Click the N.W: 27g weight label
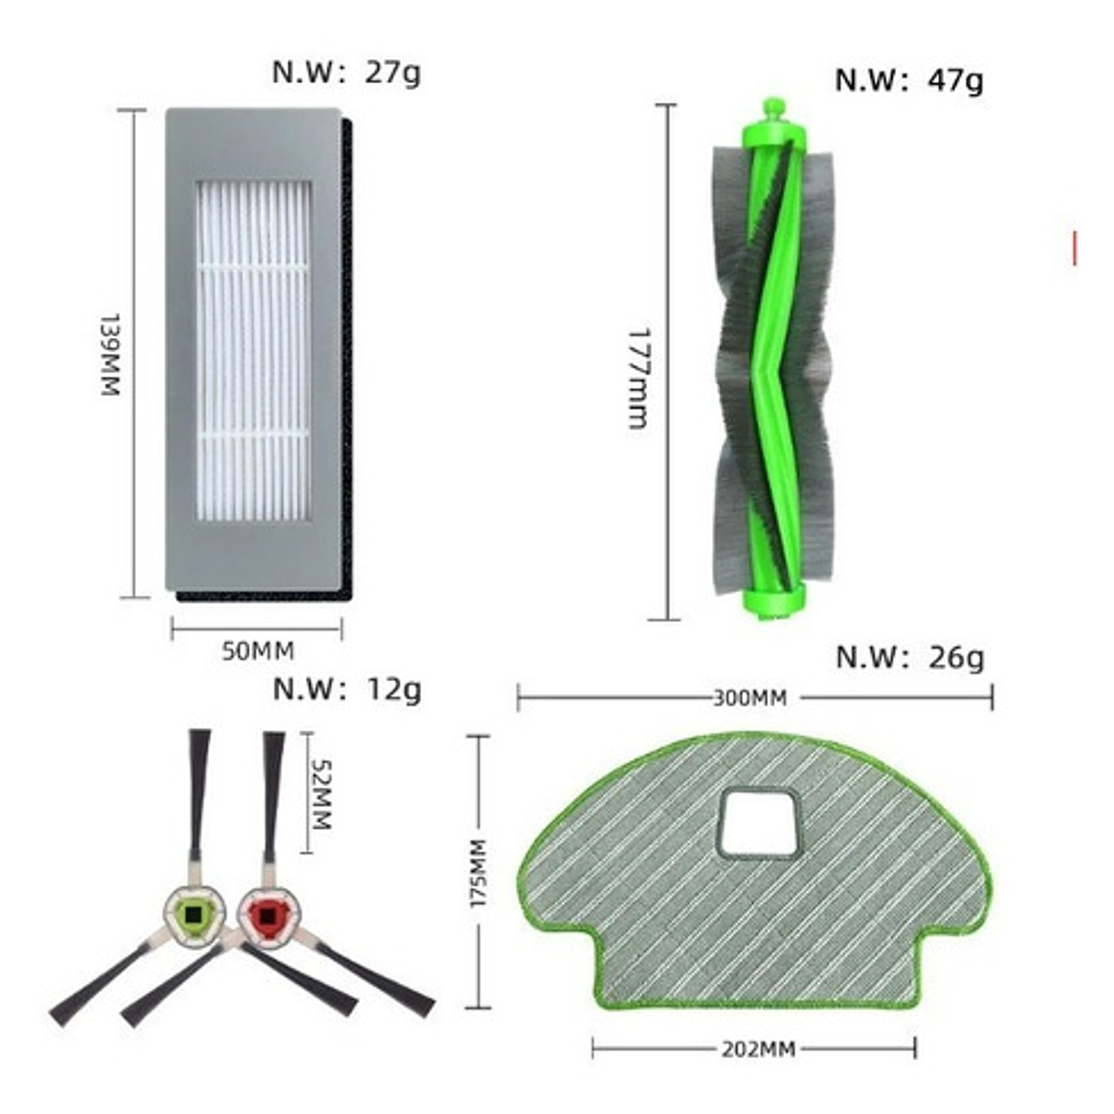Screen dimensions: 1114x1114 point(346,73)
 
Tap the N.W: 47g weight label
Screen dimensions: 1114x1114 point(909,79)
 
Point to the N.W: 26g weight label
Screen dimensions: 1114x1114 point(910,657)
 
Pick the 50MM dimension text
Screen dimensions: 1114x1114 point(257,651)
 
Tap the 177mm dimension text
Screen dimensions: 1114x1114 point(637,378)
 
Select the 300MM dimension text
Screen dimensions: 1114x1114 point(750,698)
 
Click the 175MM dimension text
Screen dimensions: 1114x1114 point(478,873)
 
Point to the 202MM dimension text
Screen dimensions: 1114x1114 point(758,1050)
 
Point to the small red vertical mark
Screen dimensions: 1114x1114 point(1075,248)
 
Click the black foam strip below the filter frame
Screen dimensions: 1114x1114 point(259,594)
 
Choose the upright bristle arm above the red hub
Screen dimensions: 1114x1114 point(273,792)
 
